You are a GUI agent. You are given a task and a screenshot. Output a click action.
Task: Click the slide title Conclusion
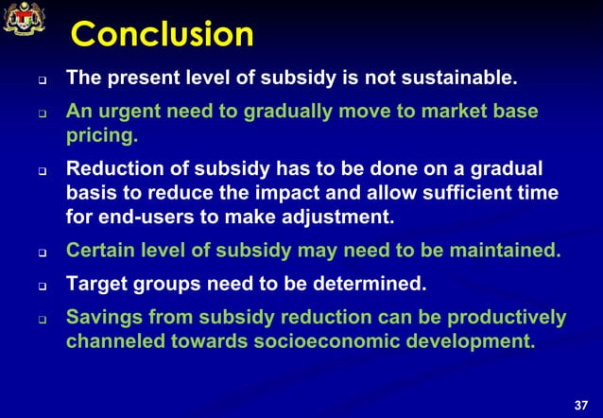[163, 35]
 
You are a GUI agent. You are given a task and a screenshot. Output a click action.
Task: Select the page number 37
[581, 405]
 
